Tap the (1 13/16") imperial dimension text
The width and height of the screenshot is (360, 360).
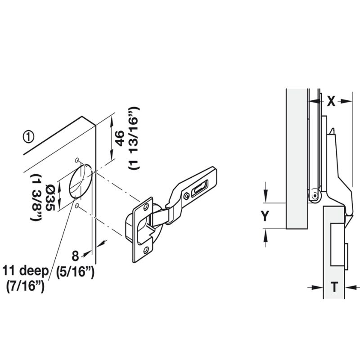(x=134, y=139)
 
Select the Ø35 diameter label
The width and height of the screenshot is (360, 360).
(x=50, y=195)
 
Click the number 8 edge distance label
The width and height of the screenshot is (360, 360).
(x=75, y=256)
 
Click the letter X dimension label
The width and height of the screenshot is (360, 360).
(x=331, y=102)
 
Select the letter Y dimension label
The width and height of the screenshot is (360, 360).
(x=265, y=216)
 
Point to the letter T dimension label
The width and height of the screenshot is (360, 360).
(x=334, y=287)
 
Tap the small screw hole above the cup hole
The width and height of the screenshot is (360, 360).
(x=77, y=160)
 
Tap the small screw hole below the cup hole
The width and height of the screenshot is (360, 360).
(x=78, y=206)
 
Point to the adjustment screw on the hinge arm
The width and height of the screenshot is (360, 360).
(x=186, y=195)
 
